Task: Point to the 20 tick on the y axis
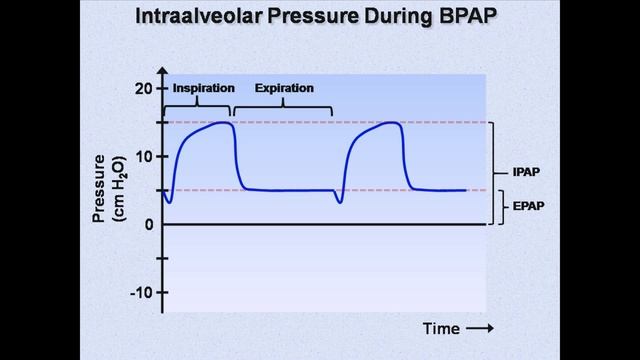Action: (x=145, y=88)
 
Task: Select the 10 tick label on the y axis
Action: (x=145, y=157)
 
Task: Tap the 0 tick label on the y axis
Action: (x=148, y=224)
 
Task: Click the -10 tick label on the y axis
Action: (x=142, y=293)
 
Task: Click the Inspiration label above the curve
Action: (x=202, y=88)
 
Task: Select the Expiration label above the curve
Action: (x=283, y=88)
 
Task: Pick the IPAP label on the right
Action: (x=526, y=172)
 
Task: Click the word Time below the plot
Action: (x=440, y=328)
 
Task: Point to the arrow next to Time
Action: (x=480, y=328)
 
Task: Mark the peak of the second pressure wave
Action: (x=392, y=123)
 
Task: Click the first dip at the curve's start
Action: (x=169, y=202)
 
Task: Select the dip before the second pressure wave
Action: (x=340, y=202)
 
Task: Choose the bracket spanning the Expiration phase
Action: (x=282, y=107)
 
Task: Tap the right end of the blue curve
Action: (x=466, y=190)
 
